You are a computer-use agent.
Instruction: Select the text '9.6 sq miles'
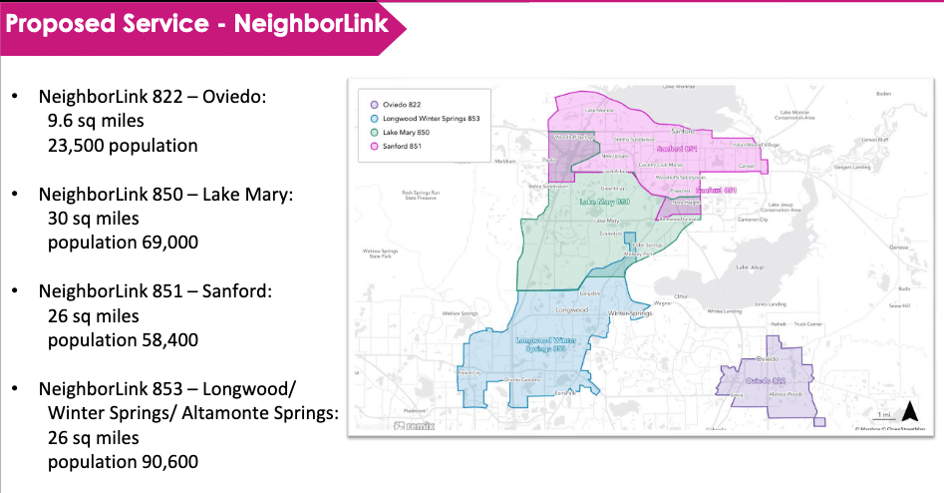(96, 121)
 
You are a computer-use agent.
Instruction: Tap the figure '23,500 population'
(123, 145)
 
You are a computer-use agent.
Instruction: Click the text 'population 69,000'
(123, 242)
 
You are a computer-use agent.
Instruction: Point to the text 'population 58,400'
(123, 339)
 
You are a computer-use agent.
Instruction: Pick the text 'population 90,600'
(123, 461)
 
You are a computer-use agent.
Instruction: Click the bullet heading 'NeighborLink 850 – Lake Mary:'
(165, 194)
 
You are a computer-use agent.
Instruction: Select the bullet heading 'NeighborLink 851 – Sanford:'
(155, 290)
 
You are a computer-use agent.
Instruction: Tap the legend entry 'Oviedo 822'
(400, 104)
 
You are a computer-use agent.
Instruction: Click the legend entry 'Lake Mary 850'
(406, 132)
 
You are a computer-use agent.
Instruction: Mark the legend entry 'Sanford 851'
(401, 146)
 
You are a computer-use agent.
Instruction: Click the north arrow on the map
(909, 411)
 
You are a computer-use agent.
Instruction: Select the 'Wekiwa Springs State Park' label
(382, 254)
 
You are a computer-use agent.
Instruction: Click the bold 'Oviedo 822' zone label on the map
(770, 381)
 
